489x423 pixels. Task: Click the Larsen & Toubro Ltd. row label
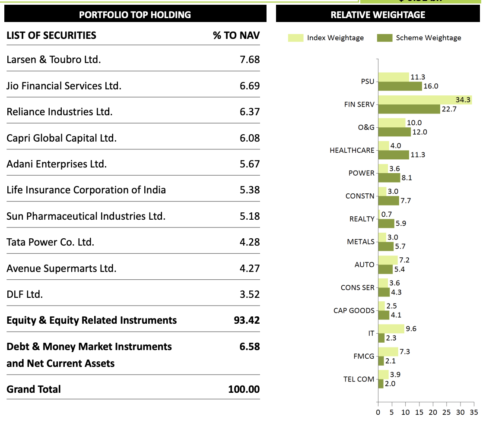[x=54, y=60]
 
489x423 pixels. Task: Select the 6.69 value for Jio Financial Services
[x=250, y=86]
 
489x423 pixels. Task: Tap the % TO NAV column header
[x=236, y=35]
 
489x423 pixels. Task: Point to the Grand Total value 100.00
[x=244, y=389]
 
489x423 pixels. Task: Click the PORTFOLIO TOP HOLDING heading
[x=135, y=15]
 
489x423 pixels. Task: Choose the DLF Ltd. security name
[x=25, y=294]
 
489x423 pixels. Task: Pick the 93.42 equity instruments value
[x=247, y=320]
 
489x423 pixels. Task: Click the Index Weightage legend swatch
[x=295, y=38]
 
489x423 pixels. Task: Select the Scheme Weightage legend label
[x=428, y=38]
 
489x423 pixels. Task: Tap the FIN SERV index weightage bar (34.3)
[x=425, y=100]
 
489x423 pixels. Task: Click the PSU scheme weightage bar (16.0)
[x=400, y=86]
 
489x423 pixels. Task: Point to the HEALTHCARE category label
[x=352, y=151]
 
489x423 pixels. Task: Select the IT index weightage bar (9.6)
[x=391, y=329]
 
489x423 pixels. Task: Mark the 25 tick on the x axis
[x=447, y=412]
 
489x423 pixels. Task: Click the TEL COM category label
[x=359, y=379]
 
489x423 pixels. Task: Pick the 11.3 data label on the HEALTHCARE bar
[x=418, y=155]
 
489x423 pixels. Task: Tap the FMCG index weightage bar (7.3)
[x=388, y=352]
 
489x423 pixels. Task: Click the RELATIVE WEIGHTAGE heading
[x=378, y=15]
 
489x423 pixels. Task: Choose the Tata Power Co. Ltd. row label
[x=50, y=242]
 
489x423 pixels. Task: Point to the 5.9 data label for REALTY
[x=401, y=224]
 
